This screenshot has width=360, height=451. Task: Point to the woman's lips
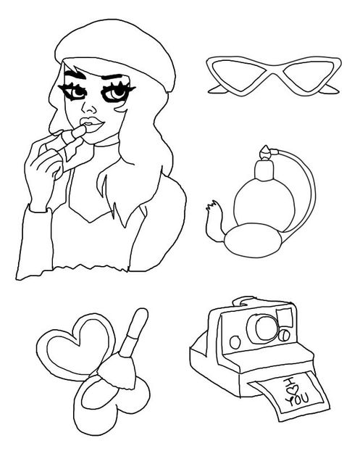click(92, 125)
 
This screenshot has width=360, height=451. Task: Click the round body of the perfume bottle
click(264, 204)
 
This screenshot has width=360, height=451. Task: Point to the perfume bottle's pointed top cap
click(266, 152)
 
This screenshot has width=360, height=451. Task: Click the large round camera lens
click(264, 328)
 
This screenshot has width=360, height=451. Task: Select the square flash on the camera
click(285, 318)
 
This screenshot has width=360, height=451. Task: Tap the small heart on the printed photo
click(293, 390)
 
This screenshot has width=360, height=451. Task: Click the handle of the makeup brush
click(134, 332)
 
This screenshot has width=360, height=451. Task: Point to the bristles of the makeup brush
click(118, 371)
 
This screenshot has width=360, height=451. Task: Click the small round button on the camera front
click(235, 342)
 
